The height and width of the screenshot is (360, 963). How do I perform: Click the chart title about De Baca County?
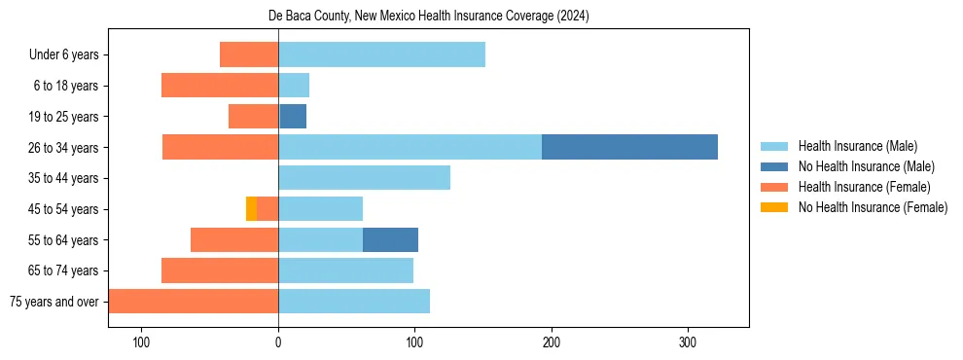428,17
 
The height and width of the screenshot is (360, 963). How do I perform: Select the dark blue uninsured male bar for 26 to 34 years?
629,147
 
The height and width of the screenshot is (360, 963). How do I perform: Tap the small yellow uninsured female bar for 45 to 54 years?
251,208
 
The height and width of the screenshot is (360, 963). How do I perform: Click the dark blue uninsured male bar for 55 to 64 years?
390,239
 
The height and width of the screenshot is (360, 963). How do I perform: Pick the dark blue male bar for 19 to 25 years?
293,117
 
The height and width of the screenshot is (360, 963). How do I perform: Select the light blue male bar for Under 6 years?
381,54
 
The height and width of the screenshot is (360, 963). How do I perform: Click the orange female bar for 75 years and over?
194,302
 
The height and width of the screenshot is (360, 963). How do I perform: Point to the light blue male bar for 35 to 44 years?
364,178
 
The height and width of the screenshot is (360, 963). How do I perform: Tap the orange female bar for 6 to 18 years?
220,86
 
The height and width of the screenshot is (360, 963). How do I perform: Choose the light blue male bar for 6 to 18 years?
294,86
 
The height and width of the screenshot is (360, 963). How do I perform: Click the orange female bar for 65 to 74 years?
220,270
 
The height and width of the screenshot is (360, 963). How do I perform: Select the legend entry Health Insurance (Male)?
857,146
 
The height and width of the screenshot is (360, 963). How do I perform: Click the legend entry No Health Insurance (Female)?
873,207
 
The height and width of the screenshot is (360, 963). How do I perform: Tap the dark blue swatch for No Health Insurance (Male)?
774,166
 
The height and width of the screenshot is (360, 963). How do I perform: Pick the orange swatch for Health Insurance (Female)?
774,187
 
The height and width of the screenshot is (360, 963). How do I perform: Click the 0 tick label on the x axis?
278,342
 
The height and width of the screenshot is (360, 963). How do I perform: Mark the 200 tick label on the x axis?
552,342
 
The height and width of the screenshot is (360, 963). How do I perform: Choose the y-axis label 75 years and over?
53,302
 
